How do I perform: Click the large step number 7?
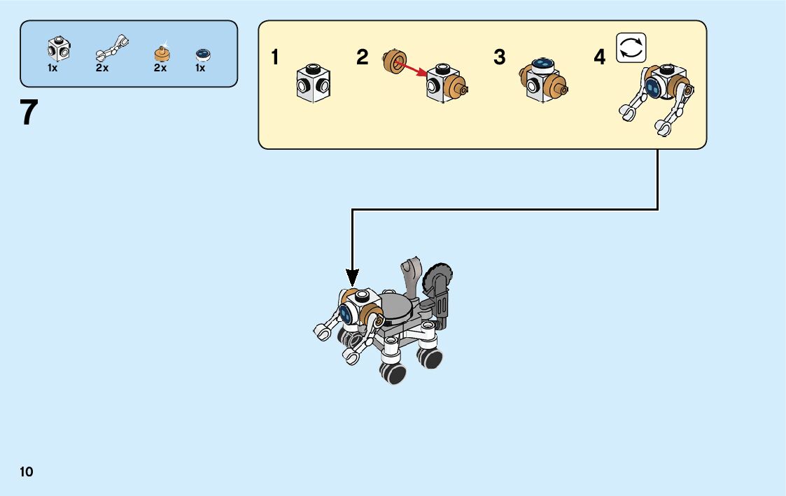click(29, 113)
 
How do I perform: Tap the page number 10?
click(27, 472)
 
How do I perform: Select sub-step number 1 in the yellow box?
click(276, 57)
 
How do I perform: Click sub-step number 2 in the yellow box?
click(362, 57)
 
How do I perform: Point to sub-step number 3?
click(499, 57)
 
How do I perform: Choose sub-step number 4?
click(599, 57)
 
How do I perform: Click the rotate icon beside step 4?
click(631, 48)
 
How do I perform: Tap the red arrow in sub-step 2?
click(410, 68)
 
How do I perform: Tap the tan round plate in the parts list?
click(162, 53)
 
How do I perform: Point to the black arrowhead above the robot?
click(352, 278)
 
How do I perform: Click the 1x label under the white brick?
click(52, 69)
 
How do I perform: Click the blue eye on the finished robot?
click(344, 313)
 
